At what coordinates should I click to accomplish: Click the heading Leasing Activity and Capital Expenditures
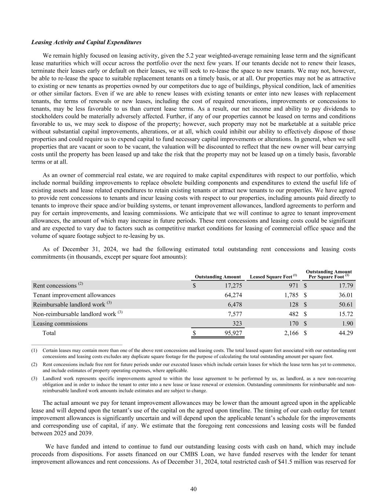[x=86, y=42]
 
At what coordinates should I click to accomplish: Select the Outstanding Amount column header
[x=218, y=277]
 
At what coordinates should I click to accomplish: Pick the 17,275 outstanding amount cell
[x=231, y=286]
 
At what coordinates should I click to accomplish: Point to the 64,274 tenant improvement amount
[x=231, y=295]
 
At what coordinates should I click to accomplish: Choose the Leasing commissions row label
[x=60, y=323]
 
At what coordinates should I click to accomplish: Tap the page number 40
[x=194, y=489]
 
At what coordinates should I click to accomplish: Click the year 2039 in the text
[x=87, y=433]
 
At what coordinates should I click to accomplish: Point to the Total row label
[x=49, y=333]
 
